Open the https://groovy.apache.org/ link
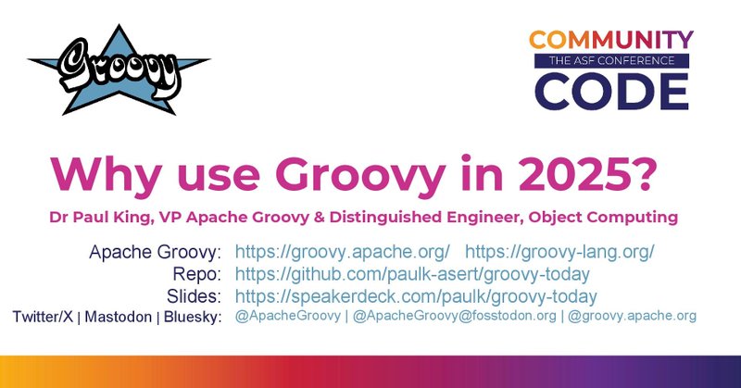tap(343, 252)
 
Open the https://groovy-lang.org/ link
tap(559, 252)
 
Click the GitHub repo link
tap(413, 274)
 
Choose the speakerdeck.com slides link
tap(416, 296)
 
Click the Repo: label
tap(198, 274)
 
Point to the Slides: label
tap(194, 296)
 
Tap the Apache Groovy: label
tap(155, 252)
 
